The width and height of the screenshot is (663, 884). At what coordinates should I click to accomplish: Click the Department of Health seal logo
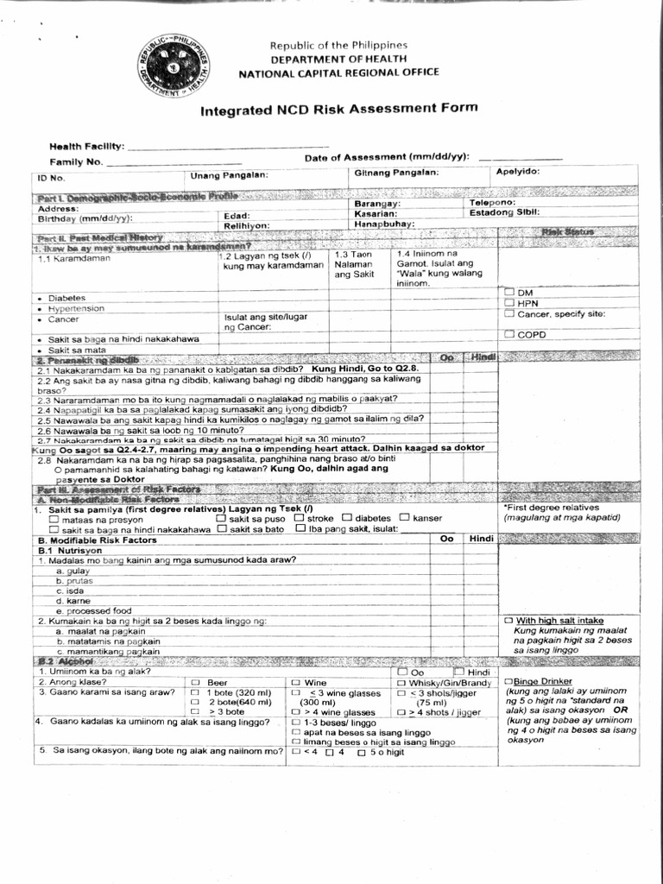pos(176,64)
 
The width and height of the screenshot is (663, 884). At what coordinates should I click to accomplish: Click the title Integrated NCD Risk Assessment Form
pos(338,110)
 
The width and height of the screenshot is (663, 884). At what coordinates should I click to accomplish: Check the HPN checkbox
pos(510,303)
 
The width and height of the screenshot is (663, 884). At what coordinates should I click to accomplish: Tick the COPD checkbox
pos(510,334)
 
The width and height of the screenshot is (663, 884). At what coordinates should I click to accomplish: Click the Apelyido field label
pos(518,172)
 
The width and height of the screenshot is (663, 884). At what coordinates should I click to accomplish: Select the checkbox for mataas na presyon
pos(54,520)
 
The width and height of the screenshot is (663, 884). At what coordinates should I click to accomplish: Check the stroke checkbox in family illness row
pos(298,518)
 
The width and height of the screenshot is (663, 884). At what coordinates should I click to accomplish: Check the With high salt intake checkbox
pos(509,621)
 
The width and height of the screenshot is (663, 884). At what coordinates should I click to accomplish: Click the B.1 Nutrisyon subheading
pos(70,550)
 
